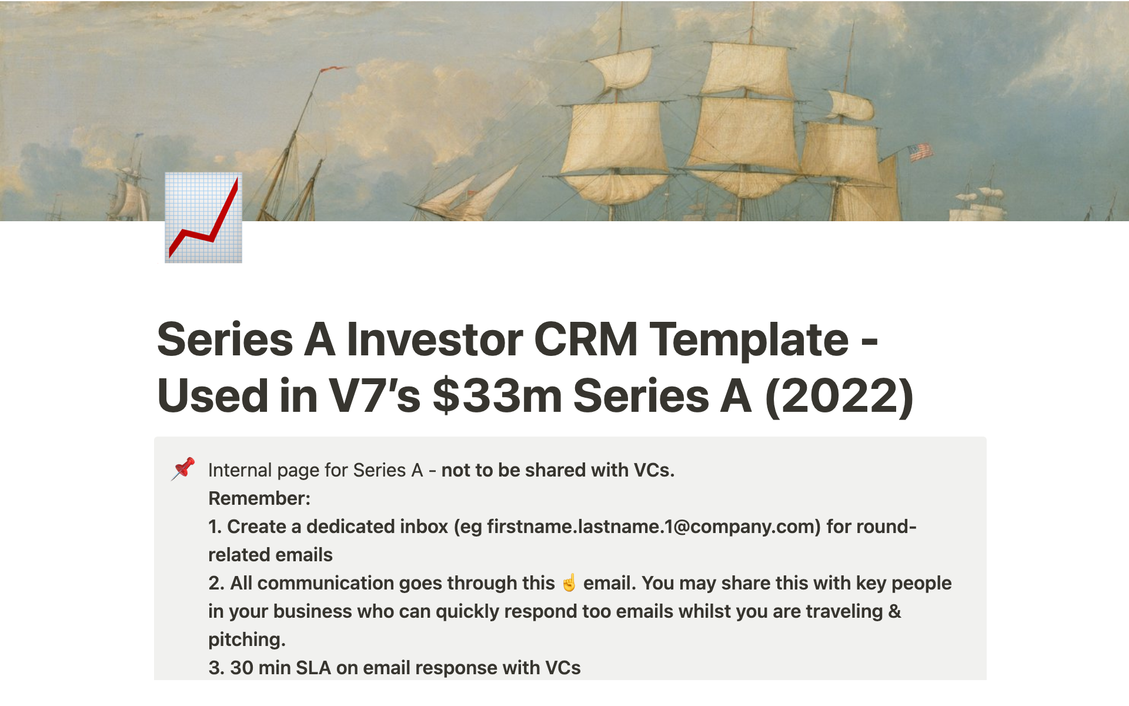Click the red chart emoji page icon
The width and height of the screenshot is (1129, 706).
[203, 218]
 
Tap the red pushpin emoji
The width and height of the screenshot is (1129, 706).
[183, 469]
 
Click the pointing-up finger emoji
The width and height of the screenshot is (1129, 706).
[569, 582]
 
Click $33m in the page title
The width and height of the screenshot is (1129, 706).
[497, 395]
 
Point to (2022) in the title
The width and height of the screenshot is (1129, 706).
[839, 396]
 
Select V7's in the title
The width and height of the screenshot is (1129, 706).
[374, 395]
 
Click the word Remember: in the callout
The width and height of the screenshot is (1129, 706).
[259, 498]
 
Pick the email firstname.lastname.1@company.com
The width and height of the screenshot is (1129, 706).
[653, 527]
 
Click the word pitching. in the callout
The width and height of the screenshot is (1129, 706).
[247, 640]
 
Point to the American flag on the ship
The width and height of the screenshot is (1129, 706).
[920, 152]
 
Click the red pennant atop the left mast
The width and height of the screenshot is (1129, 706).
[332, 69]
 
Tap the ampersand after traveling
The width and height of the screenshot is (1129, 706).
[895, 611]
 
